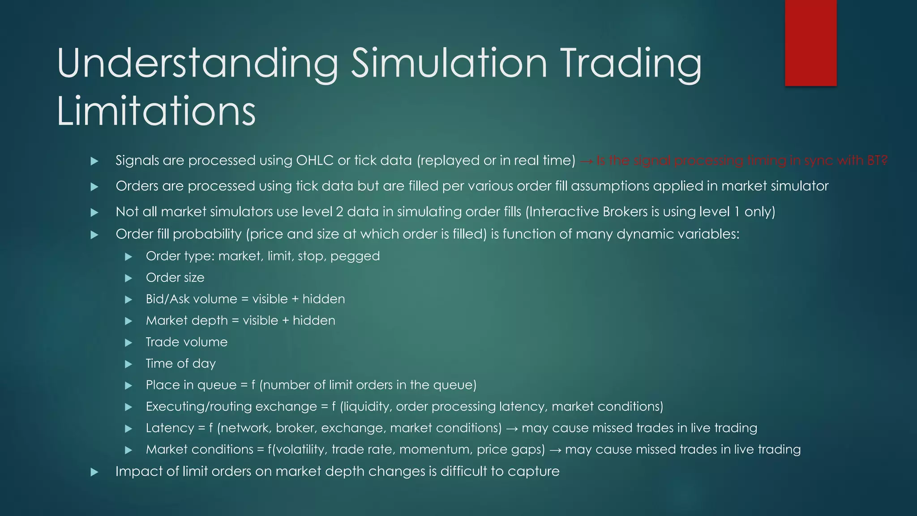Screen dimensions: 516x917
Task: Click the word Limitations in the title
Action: [x=156, y=111]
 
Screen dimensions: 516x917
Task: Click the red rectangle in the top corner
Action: [x=810, y=43]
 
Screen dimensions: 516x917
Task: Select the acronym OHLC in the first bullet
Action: [x=315, y=160]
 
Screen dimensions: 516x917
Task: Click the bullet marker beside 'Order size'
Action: [x=129, y=278]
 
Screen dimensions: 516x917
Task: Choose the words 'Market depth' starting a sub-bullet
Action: [x=187, y=321]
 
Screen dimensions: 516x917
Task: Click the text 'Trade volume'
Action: [x=187, y=342]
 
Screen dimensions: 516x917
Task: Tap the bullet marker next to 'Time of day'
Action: [x=129, y=364]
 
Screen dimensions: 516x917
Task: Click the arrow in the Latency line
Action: [x=511, y=429]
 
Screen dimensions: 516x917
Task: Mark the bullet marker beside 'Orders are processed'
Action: [x=94, y=187]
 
